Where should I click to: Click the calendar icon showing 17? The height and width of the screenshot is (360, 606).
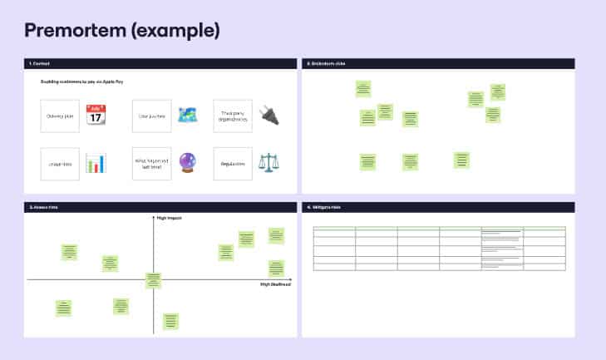(96, 115)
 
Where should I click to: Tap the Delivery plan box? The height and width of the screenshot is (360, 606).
(60, 116)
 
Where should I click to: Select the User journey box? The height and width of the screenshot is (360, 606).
(151, 116)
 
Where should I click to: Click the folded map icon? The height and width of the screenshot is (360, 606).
(188, 116)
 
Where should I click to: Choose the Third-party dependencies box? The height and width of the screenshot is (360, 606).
(233, 116)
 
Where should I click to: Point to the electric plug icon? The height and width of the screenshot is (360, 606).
(269, 115)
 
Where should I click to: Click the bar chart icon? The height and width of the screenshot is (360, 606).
(96, 163)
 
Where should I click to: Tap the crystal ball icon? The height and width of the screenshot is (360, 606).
(188, 163)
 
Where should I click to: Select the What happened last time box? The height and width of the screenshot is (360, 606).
(151, 164)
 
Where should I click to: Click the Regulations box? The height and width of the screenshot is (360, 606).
(233, 164)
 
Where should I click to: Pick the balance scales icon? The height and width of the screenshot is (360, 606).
(269, 163)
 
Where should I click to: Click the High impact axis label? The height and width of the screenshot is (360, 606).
(169, 218)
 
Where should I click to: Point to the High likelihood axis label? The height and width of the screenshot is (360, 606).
(275, 284)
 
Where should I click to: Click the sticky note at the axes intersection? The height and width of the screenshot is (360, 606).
(154, 280)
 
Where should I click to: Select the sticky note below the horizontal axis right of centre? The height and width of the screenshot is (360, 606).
(170, 320)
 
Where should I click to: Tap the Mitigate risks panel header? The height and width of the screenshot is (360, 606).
(323, 206)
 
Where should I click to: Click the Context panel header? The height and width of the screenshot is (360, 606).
(39, 63)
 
